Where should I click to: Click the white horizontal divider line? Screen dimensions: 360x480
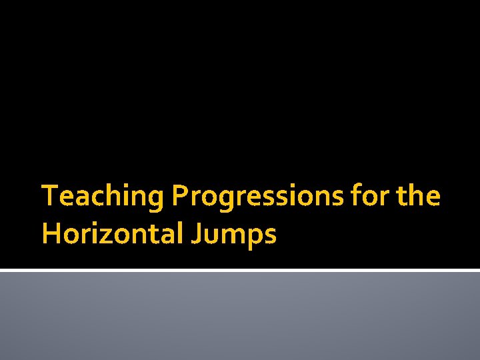pos(240,270)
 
